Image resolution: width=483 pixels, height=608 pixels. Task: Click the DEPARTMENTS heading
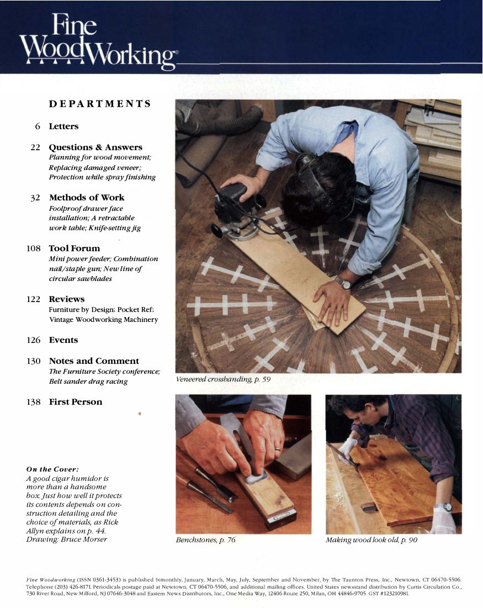[x=100, y=104]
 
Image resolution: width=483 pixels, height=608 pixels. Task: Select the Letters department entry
[x=63, y=126]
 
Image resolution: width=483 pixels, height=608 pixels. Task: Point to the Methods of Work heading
[x=87, y=198]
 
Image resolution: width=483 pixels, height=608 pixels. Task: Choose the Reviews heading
[x=67, y=299]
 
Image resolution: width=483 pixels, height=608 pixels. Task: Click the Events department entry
[x=63, y=340]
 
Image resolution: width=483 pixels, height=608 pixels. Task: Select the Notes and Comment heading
[x=94, y=361]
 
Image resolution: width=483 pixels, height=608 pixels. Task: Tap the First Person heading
[x=76, y=402]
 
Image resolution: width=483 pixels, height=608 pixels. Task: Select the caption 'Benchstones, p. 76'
[x=205, y=540]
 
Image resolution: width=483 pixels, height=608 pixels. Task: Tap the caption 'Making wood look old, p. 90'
[x=371, y=540]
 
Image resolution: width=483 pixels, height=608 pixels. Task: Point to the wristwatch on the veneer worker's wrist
[x=343, y=283]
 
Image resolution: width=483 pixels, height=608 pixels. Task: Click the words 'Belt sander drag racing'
[x=88, y=382]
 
